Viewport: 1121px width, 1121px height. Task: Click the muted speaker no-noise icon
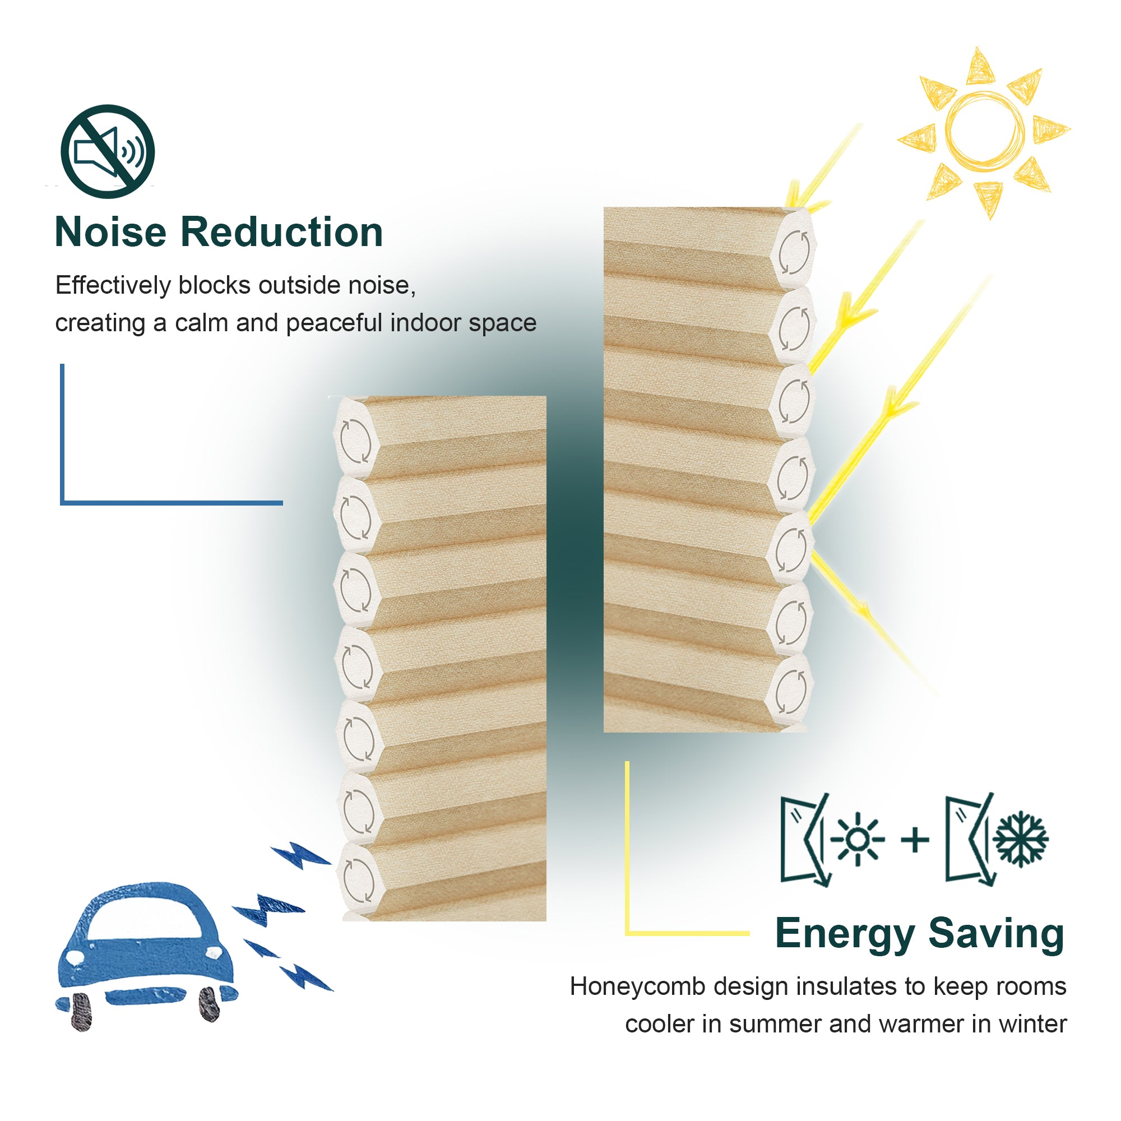tap(108, 151)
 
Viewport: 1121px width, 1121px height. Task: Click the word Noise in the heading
tap(111, 232)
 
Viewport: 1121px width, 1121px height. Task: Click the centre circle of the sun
tap(985, 129)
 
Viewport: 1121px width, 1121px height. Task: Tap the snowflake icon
tap(1021, 840)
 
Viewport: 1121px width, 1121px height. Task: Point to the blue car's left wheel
tap(82, 1012)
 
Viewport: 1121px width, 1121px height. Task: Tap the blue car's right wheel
tap(209, 1004)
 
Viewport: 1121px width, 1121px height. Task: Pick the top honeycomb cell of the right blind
tap(793, 251)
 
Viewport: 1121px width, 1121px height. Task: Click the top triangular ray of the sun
tap(980, 67)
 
